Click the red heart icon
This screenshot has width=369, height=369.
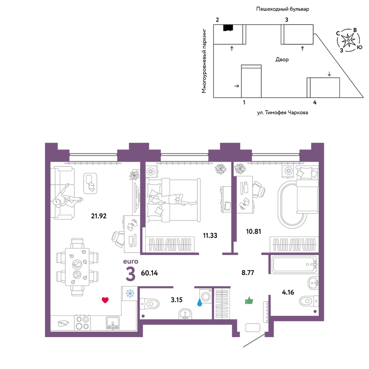pyautogui.click(x=105, y=300)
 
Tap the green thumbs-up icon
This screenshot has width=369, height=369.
pyautogui.click(x=249, y=300)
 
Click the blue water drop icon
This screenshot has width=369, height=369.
pyautogui.click(x=200, y=302)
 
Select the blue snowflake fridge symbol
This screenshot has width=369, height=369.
pyautogui.click(x=130, y=293)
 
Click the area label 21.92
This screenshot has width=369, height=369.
pyautogui.click(x=99, y=216)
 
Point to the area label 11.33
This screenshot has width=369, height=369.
pyautogui.click(x=210, y=235)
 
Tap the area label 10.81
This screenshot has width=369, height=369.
pyautogui.click(x=254, y=232)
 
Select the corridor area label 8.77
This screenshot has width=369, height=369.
pyautogui.click(x=248, y=273)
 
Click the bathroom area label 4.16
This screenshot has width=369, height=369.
pyautogui.click(x=288, y=292)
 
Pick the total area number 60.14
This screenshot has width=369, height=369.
pyautogui.click(x=149, y=273)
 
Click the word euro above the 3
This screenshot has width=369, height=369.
pyautogui.click(x=131, y=262)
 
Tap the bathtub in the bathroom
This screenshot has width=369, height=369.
pyautogui.click(x=294, y=264)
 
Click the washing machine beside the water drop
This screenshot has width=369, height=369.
pyautogui.click(x=206, y=296)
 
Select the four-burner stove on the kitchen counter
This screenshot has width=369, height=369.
pyautogui.click(x=82, y=323)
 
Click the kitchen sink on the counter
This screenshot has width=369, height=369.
pyautogui.click(x=113, y=323)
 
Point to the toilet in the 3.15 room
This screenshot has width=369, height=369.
pyautogui.click(x=150, y=304)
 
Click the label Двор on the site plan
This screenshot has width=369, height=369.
pyautogui.click(x=282, y=59)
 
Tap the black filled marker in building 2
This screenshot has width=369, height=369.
pyautogui.click(x=228, y=28)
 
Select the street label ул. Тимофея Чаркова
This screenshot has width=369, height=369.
pyautogui.click(x=282, y=113)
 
